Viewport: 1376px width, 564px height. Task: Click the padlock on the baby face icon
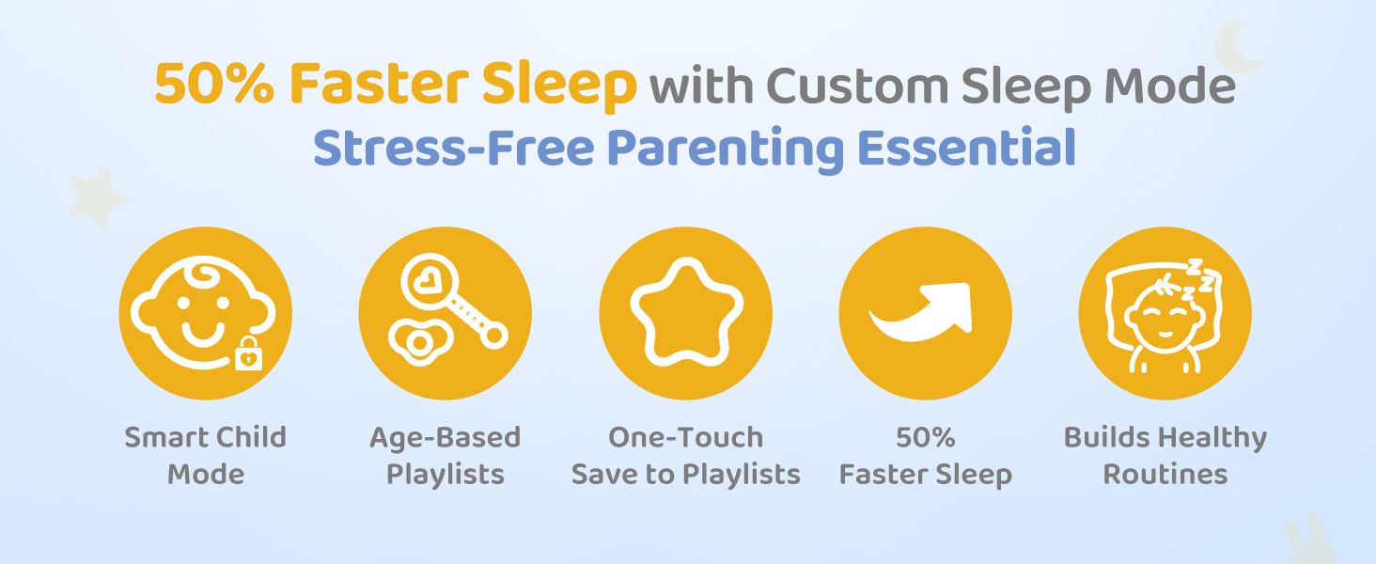[249, 353]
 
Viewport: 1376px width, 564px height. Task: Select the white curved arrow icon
[921, 312]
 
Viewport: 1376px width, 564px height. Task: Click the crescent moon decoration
[1239, 47]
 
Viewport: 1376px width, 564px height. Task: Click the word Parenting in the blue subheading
[726, 149]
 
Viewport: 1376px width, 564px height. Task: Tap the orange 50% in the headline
[214, 84]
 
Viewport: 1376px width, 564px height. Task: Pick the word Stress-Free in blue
[454, 148]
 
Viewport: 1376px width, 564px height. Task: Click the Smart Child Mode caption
[206, 456]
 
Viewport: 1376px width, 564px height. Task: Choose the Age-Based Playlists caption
[446, 456]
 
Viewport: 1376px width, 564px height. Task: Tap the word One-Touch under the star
[685, 437]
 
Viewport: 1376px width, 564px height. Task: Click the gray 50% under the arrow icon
[925, 437]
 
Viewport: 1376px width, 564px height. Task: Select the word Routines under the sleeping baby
[1165, 475]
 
